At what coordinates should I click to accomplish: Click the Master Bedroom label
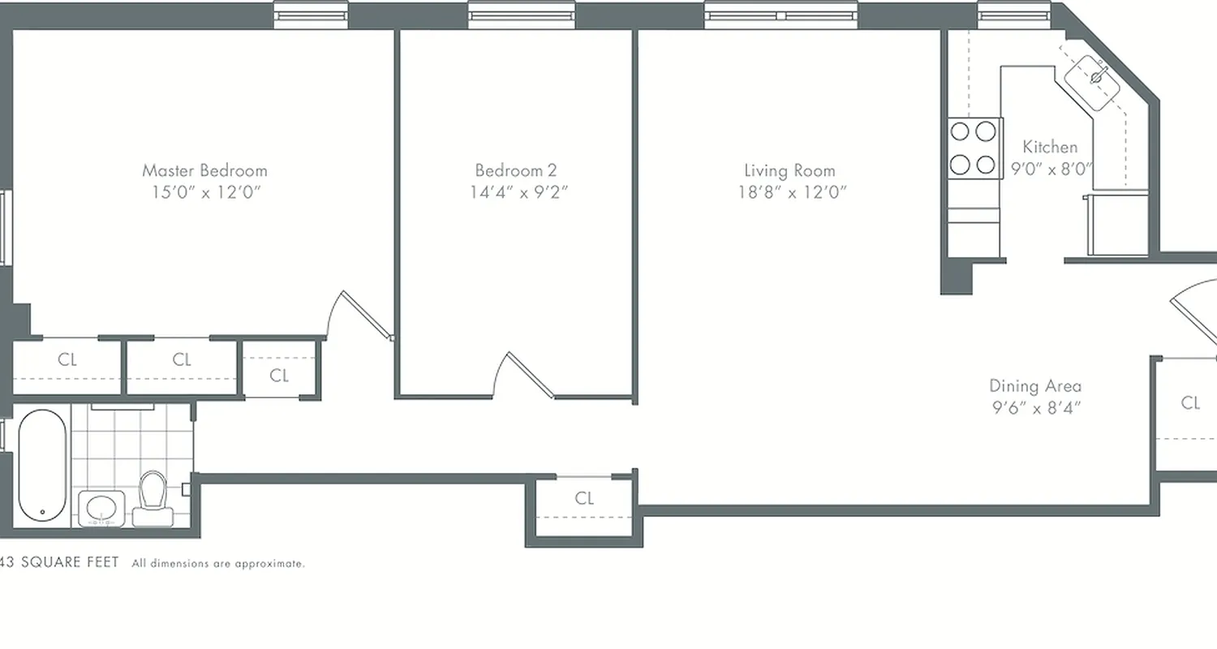point(204,170)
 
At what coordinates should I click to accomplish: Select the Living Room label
point(789,170)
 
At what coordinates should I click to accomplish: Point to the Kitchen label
point(1050,147)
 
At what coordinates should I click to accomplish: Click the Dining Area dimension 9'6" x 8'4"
point(1035,408)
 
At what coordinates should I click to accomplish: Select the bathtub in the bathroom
point(42,466)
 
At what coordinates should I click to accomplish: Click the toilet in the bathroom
point(152,494)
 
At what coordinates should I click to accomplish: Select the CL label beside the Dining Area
point(1190,402)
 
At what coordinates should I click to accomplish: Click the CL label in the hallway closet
point(584,498)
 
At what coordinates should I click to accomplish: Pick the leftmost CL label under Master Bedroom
point(67,359)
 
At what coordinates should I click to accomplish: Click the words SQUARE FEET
point(70,562)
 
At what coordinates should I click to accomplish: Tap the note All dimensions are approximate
point(218,563)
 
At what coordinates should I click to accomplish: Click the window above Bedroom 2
point(522,15)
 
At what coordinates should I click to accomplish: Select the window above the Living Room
point(781,15)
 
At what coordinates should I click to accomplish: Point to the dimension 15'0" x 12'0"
point(204,192)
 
